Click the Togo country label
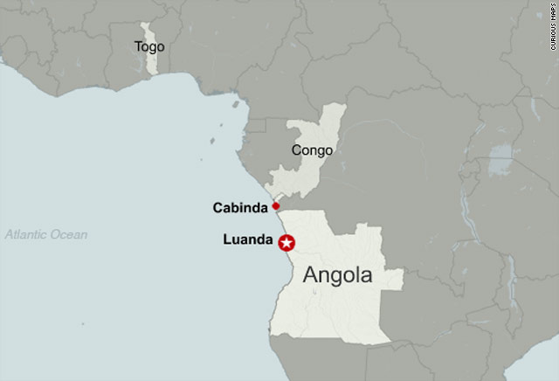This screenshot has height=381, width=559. [150, 46]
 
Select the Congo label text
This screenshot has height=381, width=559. [312, 150]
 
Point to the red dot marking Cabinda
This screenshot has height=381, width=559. [275, 206]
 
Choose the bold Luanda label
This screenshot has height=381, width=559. [248, 239]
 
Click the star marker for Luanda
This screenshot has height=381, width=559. [286, 244]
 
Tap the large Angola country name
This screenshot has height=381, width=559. [337, 274]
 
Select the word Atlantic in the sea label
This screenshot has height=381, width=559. [27, 234]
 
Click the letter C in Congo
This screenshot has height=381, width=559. [296, 150]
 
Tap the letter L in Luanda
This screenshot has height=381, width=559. [229, 239]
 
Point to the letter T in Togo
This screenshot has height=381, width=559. [138, 46]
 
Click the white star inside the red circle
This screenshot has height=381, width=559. [286, 244]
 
